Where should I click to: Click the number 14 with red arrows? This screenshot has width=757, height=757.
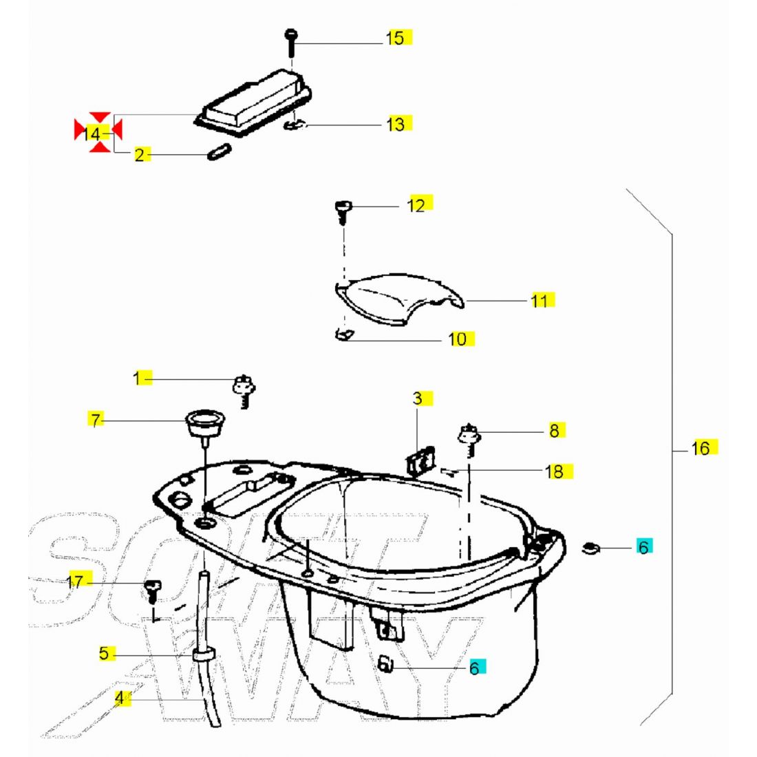tap(94, 134)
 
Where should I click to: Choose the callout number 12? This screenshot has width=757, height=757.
tap(416, 205)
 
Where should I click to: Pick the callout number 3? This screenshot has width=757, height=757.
tap(418, 398)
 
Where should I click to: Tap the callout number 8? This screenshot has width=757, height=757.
tap(554, 431)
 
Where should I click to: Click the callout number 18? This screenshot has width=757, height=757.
tap(554, 471)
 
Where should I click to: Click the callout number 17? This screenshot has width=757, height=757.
tap(75, 582)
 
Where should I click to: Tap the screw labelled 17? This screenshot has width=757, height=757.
tap(152, 589)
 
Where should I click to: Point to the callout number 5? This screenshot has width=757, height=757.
tap(104, 653)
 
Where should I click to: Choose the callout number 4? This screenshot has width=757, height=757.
tap(120, 699)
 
